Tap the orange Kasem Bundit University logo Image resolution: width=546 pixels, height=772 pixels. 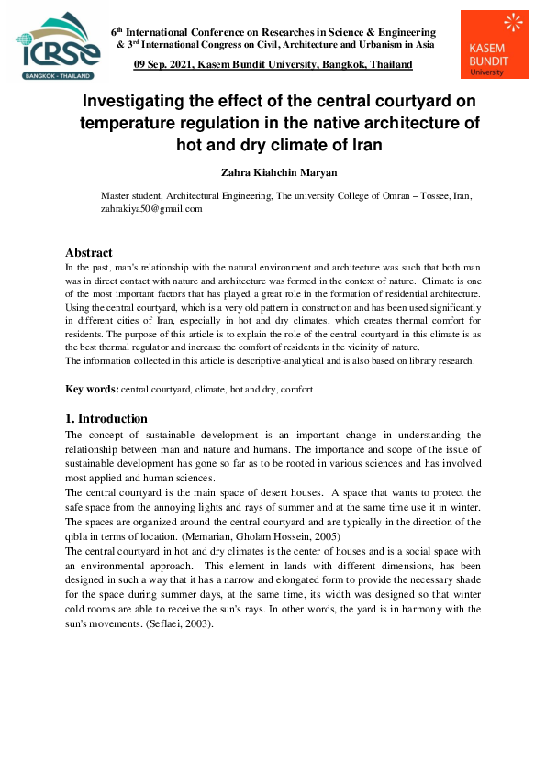pos(495,45)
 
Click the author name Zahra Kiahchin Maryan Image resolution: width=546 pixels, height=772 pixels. pos(273,171)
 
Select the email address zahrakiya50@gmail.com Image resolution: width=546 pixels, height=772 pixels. pos(151,208)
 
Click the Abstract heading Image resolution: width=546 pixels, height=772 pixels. pos(89,252)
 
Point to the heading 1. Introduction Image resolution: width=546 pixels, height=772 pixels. pos(106,418)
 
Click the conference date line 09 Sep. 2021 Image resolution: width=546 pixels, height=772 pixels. pos(273,64)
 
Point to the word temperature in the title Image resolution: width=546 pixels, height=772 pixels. pos(135,123)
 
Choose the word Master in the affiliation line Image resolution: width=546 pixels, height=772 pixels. pos(115,196)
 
